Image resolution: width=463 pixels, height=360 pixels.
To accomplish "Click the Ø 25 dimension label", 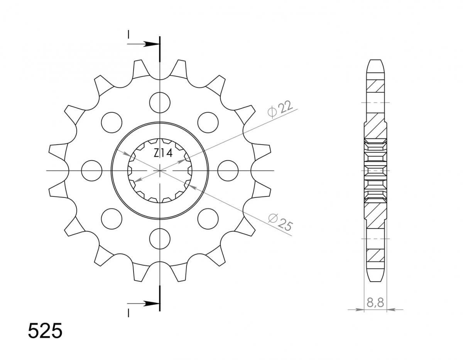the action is [x=281, y=222].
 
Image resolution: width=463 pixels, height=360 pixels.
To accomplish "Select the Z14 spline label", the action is [x=163, y=153].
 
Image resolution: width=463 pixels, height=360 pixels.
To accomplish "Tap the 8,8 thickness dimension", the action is [x=375, y=303].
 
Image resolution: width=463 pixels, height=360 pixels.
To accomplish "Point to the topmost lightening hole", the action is [x=160, y=103].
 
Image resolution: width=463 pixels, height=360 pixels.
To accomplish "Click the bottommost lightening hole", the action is [x=160, y=239].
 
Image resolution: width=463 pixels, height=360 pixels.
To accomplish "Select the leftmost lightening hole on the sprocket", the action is [x=91, y=171].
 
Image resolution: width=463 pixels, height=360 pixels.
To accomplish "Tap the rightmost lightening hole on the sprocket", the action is [x=228, y=171].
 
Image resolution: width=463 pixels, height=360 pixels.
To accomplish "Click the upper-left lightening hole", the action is [x=112, y=122].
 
